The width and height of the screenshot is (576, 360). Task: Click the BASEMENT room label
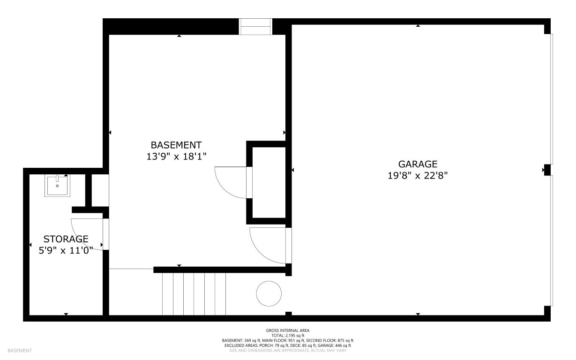point(176,145)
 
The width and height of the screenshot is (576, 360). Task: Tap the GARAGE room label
point(418,164)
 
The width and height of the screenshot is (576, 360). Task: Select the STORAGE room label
point(66,239)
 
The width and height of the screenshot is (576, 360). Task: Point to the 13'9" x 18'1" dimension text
point(176,157)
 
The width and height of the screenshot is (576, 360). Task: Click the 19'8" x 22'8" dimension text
point(418,176)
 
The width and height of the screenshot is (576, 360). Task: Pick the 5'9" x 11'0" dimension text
point(66,250)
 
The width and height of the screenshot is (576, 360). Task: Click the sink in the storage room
point(57,186)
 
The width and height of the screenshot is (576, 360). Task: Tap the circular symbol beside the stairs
point(269,293)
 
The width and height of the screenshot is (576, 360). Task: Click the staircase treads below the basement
point(194,294)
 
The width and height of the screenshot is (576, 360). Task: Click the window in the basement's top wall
point(255,27)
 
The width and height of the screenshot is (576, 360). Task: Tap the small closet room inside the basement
point(269,182)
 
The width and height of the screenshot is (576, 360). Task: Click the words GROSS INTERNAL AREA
point(288,330)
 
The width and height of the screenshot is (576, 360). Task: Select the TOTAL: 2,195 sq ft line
point(288,336)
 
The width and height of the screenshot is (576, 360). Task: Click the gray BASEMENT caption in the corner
point(20,351)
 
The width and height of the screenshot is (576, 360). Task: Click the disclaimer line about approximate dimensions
point(288,351)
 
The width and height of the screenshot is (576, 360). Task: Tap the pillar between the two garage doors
point(547,170)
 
